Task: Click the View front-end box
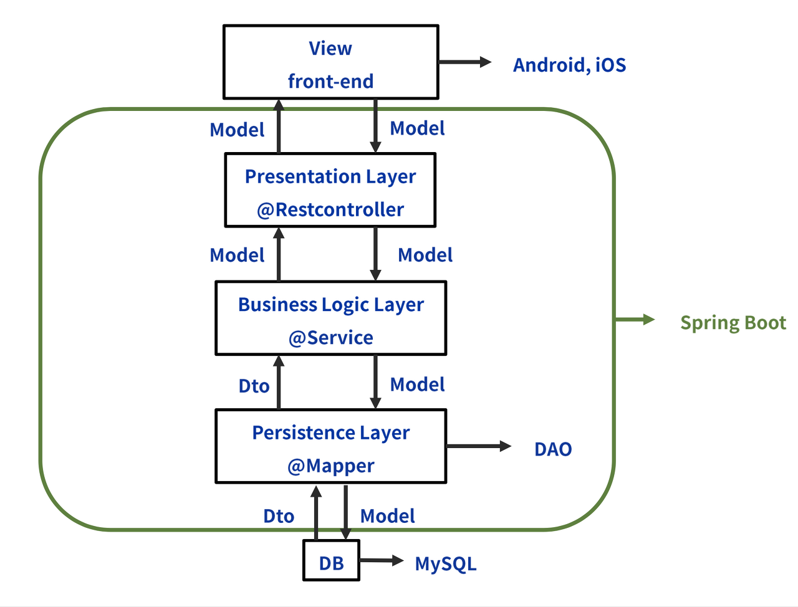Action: (x=330, y=62)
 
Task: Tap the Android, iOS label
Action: (x=569, y=65)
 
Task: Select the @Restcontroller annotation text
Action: (x=330, y=210)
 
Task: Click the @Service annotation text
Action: (x=330, y=338)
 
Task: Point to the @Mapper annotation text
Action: (x=330, y=466)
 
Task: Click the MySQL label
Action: (x=446, y=564)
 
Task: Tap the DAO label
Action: (x=553, y=449)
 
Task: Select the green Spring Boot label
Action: (x=733, y=323)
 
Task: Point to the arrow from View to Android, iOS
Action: (x=464, y=62)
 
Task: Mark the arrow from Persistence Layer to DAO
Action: (x=478, y=446)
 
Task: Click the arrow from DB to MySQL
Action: (x=382, y=560)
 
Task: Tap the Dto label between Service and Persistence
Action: (x=254, y=386)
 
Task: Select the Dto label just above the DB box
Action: (x=279, y=517)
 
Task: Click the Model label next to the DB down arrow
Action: (x=387, y=516)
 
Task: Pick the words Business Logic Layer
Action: (x=330, y=305)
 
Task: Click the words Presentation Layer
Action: (x=330, y=177)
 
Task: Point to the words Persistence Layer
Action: (x=330, y=433)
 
